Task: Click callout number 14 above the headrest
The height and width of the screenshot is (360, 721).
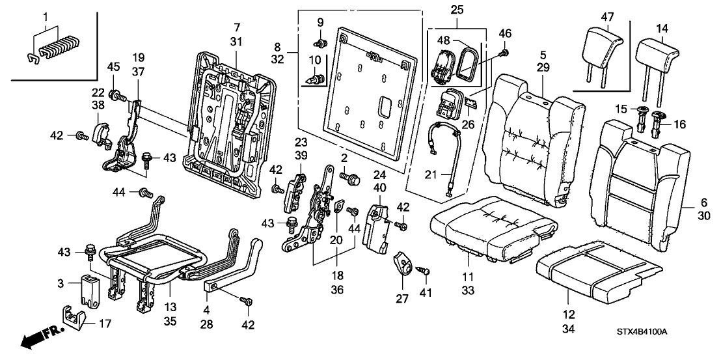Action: [662, 29]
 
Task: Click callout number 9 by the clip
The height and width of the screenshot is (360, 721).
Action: [320, 22]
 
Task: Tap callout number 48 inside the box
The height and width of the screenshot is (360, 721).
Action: [444, 40]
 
